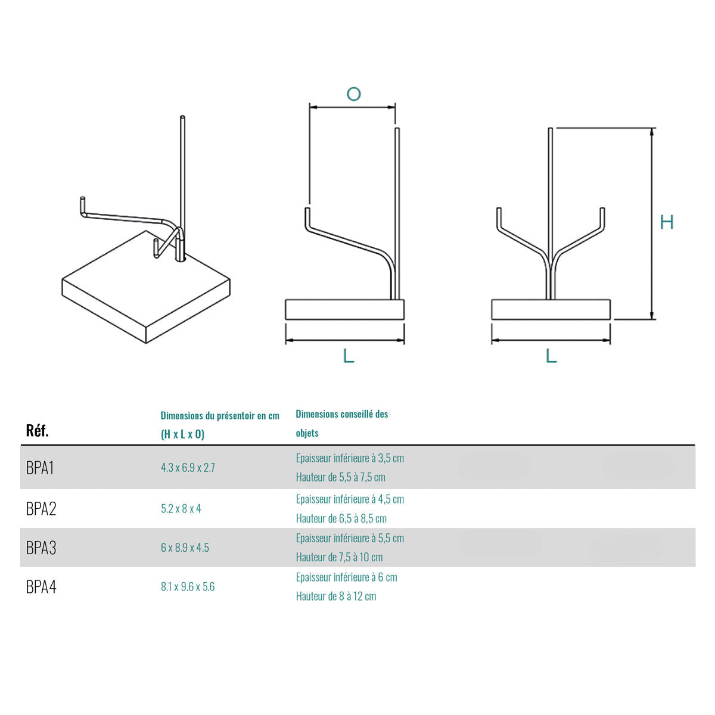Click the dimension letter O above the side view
(353, 94)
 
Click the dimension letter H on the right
(667, 222)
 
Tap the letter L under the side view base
(349, 356)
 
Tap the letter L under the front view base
(551, 356)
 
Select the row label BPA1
(40, 468)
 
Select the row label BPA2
(41, 509)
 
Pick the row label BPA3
(41, 548)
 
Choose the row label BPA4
(41, 587)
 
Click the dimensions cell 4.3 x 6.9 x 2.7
(188, 468)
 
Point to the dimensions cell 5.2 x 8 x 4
(181, 509)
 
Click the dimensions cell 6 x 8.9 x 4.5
(185, 548)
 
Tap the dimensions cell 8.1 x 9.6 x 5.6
(188, 587)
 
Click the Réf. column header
(38, 431)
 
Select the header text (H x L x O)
(182, 434)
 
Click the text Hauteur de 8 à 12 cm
(336, 596)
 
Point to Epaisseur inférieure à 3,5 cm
(350, 458)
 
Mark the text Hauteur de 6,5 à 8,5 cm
(341, 518)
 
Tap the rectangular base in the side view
(345, 309)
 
